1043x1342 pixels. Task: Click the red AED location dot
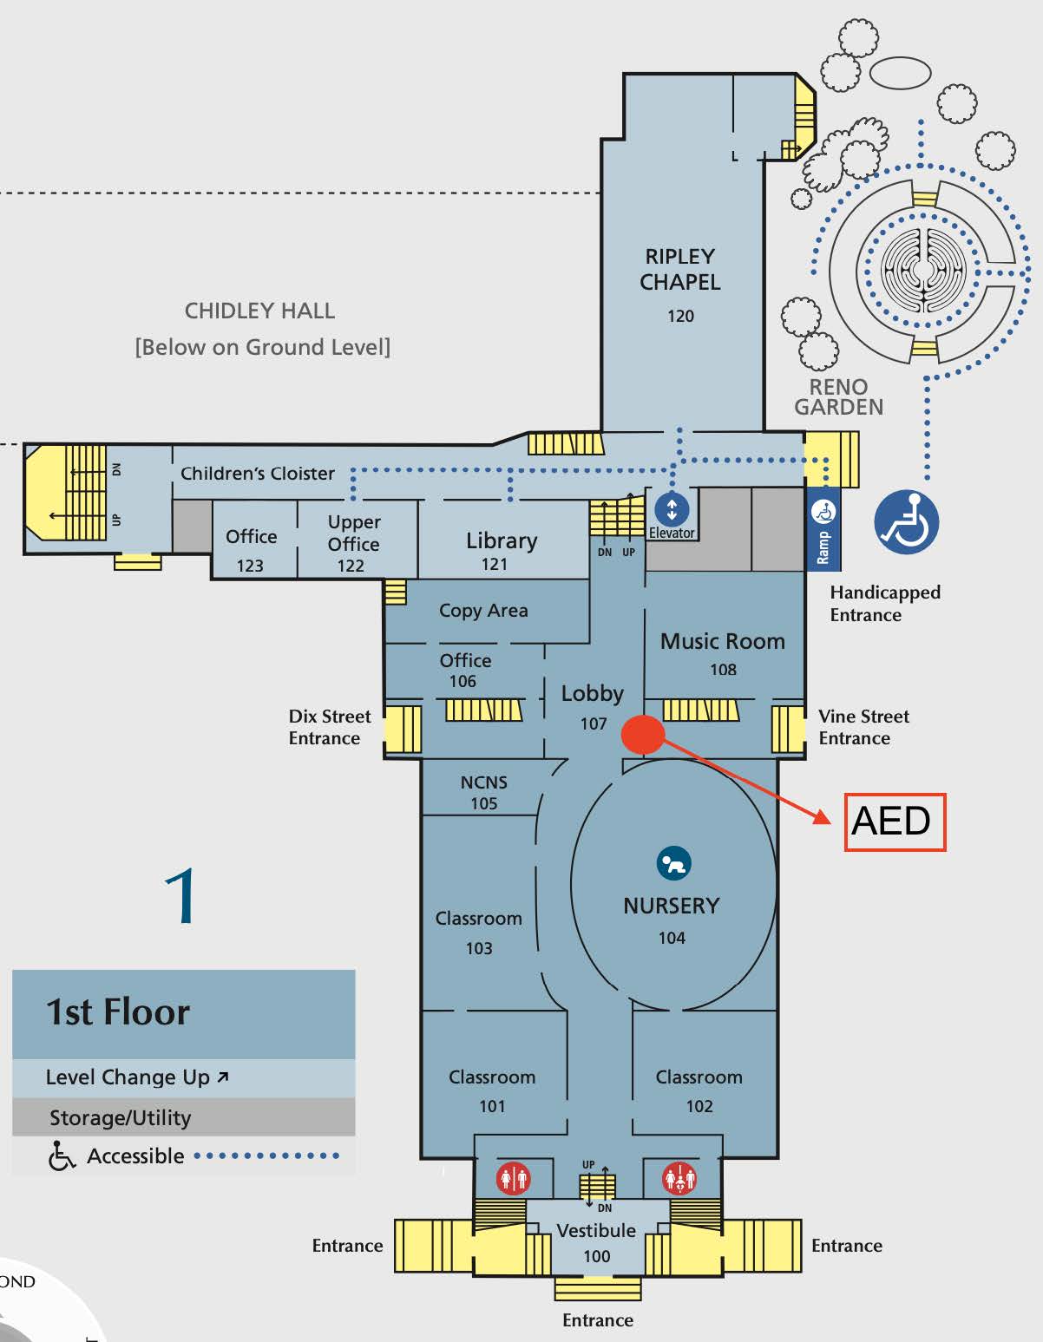pos(643,734)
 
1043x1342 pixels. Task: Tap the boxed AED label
pos(895,822)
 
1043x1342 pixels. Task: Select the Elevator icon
pos(672,509)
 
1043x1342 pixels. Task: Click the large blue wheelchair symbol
pos(906,522)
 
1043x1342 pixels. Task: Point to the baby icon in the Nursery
pos(673,864)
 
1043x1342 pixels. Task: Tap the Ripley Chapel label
pos(680,270)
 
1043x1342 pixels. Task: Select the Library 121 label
pos(501,550)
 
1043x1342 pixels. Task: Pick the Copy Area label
pos(483,611)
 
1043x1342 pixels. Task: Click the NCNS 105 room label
pos(483,792)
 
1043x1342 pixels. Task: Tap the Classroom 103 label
pos(479,932)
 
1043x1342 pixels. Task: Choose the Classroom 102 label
pos(699,1090)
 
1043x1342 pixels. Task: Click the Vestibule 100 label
pos(596,1242)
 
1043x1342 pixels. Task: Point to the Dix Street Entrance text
pos(329,727)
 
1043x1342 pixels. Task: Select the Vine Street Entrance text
pos(863,727)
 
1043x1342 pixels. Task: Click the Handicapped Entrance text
pos(884,603)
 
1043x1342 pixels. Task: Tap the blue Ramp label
pos(823,547)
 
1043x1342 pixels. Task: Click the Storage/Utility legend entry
pos(121,1117)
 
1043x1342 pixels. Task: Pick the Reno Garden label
pos(838,396)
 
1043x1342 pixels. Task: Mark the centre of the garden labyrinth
pos(922,272)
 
